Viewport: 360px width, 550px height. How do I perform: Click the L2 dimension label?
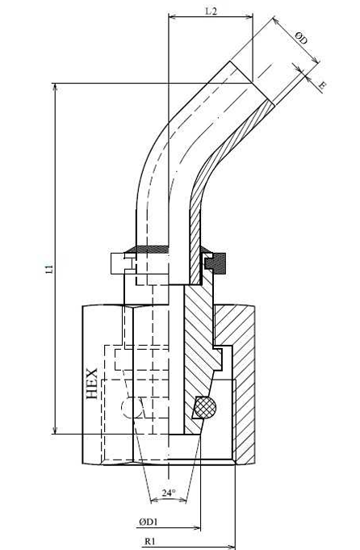211,10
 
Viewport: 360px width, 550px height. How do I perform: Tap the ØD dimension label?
301,37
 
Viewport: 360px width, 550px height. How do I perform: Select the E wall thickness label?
323,85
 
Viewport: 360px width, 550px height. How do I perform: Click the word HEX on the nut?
92,384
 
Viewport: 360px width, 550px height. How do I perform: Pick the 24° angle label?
168,493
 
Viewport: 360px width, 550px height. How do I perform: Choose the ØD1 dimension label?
149,522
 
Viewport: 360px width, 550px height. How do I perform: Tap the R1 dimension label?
149,541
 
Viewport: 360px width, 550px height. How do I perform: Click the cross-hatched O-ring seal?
205,407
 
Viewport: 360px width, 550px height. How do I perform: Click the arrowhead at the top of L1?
55,87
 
